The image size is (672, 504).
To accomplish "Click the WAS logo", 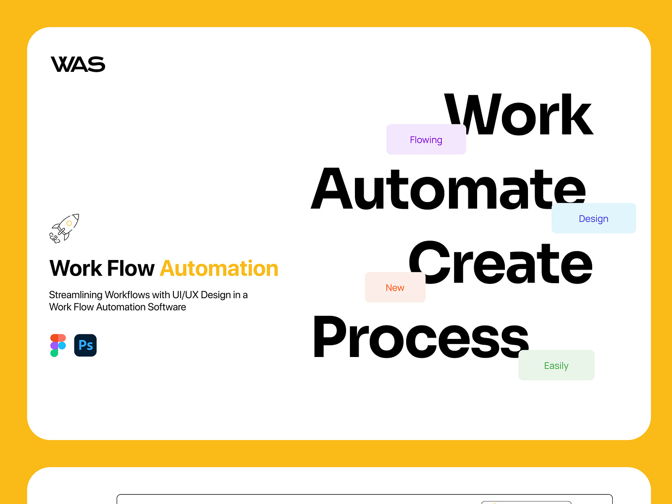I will click(78, 64).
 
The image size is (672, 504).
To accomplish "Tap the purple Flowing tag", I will click(426, 139).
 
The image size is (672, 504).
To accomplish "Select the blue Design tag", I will click(593, 218).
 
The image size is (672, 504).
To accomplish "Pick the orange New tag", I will click(395, 288).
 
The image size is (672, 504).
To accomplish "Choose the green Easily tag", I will click(556, 365).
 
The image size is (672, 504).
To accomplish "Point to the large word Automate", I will click(448, 189).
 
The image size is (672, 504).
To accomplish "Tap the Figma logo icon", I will click(58, 345).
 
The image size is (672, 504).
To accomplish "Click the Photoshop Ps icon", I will click(85, 345).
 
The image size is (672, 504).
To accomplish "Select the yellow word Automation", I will click(219, 268).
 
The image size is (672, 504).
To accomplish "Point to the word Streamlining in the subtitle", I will click(76, 295).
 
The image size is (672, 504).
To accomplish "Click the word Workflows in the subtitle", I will click(127, 295).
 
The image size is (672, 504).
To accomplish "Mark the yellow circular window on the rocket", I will click(69, 223).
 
